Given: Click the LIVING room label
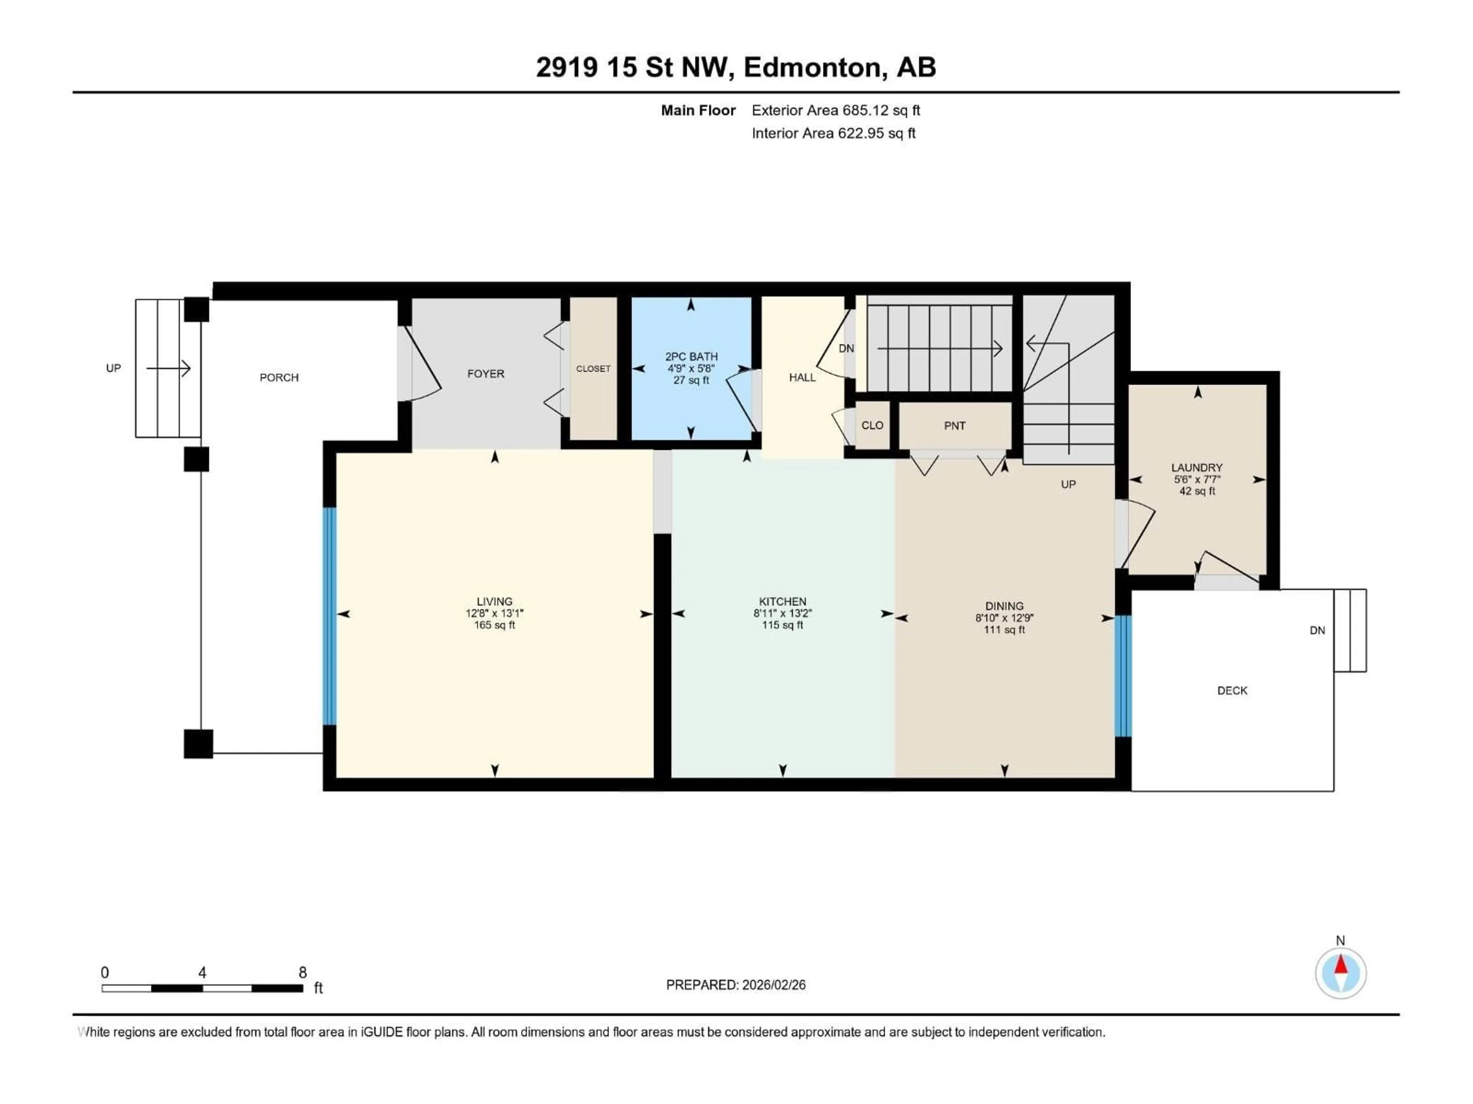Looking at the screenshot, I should click(x=494, y=601).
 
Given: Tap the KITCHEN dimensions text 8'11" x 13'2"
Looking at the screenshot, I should click(x=783, y=613).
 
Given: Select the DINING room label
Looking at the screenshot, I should click(x=1004, y=606).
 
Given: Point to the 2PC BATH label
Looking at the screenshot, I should click(x=691, y=356).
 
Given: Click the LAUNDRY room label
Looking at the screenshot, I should click(x=1197, y=467).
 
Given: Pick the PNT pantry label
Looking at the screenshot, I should click(x=954, y=426).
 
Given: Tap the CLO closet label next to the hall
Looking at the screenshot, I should click(x=872, y=425).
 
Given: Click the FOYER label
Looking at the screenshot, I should click(x=486, y=374).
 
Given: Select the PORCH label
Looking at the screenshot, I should click(x=279, y=377).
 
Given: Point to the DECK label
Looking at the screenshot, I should click(x=1232, y=691).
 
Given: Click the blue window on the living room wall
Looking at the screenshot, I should click(x=329, y=616).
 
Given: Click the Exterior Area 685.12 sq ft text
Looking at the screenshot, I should click(x=836, y=110).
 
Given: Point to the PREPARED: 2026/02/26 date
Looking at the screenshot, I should click(x=736, y=985).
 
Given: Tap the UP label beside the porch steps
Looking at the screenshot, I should click(x=113, y=368).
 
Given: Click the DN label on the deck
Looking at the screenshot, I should click(x=1317, y=630).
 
